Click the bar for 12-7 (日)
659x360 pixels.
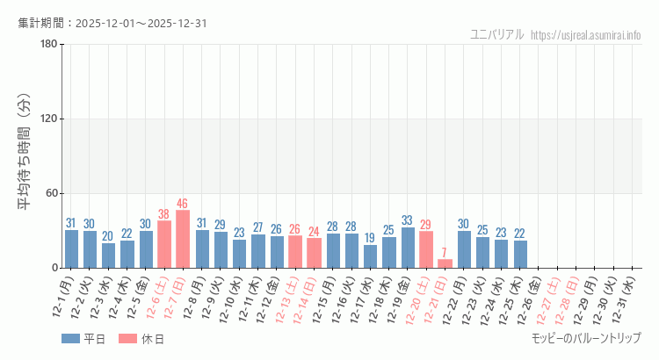183,239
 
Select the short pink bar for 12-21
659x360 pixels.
445,263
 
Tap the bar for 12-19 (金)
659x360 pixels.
408,248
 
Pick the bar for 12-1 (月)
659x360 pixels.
71,248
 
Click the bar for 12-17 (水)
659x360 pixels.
370,256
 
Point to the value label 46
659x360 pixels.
183,204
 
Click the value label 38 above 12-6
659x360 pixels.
163,214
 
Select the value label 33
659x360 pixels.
408,220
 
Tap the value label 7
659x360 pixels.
445,253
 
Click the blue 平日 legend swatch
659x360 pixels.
71,339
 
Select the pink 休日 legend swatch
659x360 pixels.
129,339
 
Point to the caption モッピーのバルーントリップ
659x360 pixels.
586,338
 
